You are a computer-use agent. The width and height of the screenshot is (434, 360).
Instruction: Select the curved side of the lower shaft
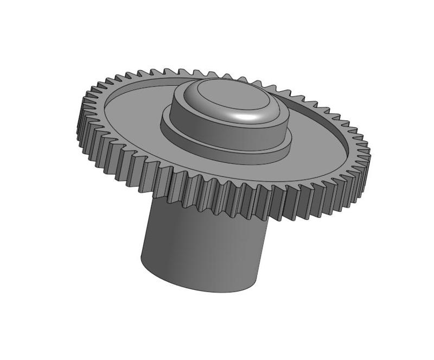[201, 250]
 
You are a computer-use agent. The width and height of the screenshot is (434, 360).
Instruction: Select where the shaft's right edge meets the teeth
[269, 220]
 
